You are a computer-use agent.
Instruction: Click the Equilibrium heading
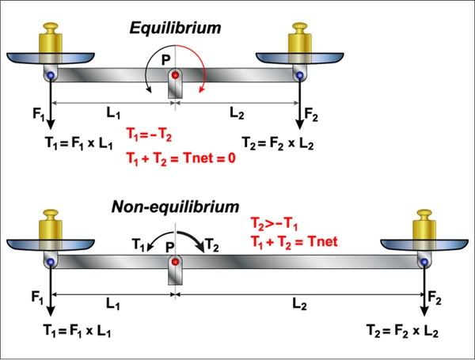pos(175,28)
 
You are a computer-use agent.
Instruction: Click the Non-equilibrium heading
pos(176,207)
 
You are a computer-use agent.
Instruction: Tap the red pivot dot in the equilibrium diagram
pos(175,75)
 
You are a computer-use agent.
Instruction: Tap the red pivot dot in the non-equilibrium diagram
pos(175,262)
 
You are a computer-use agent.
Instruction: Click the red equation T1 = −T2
pos(149,135)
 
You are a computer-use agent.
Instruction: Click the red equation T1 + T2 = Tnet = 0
pos(180,158)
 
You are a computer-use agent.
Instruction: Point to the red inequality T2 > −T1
pos(274,225)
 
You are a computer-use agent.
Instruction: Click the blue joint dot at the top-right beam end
pos(299,75)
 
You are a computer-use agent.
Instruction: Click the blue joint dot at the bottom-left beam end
pos(51,261)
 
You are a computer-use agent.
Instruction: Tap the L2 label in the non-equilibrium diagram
pos(299,304)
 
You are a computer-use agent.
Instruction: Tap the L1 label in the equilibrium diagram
pos(113,113)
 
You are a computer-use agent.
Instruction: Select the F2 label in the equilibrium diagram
pos(311,115)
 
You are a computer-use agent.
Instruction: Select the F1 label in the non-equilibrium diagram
pos(37,297)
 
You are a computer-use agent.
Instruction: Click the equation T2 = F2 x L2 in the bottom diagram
pos(402,331)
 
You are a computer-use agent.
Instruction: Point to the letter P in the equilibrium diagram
pos(165,60)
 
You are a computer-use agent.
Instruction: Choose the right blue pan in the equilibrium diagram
pos(299,58)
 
